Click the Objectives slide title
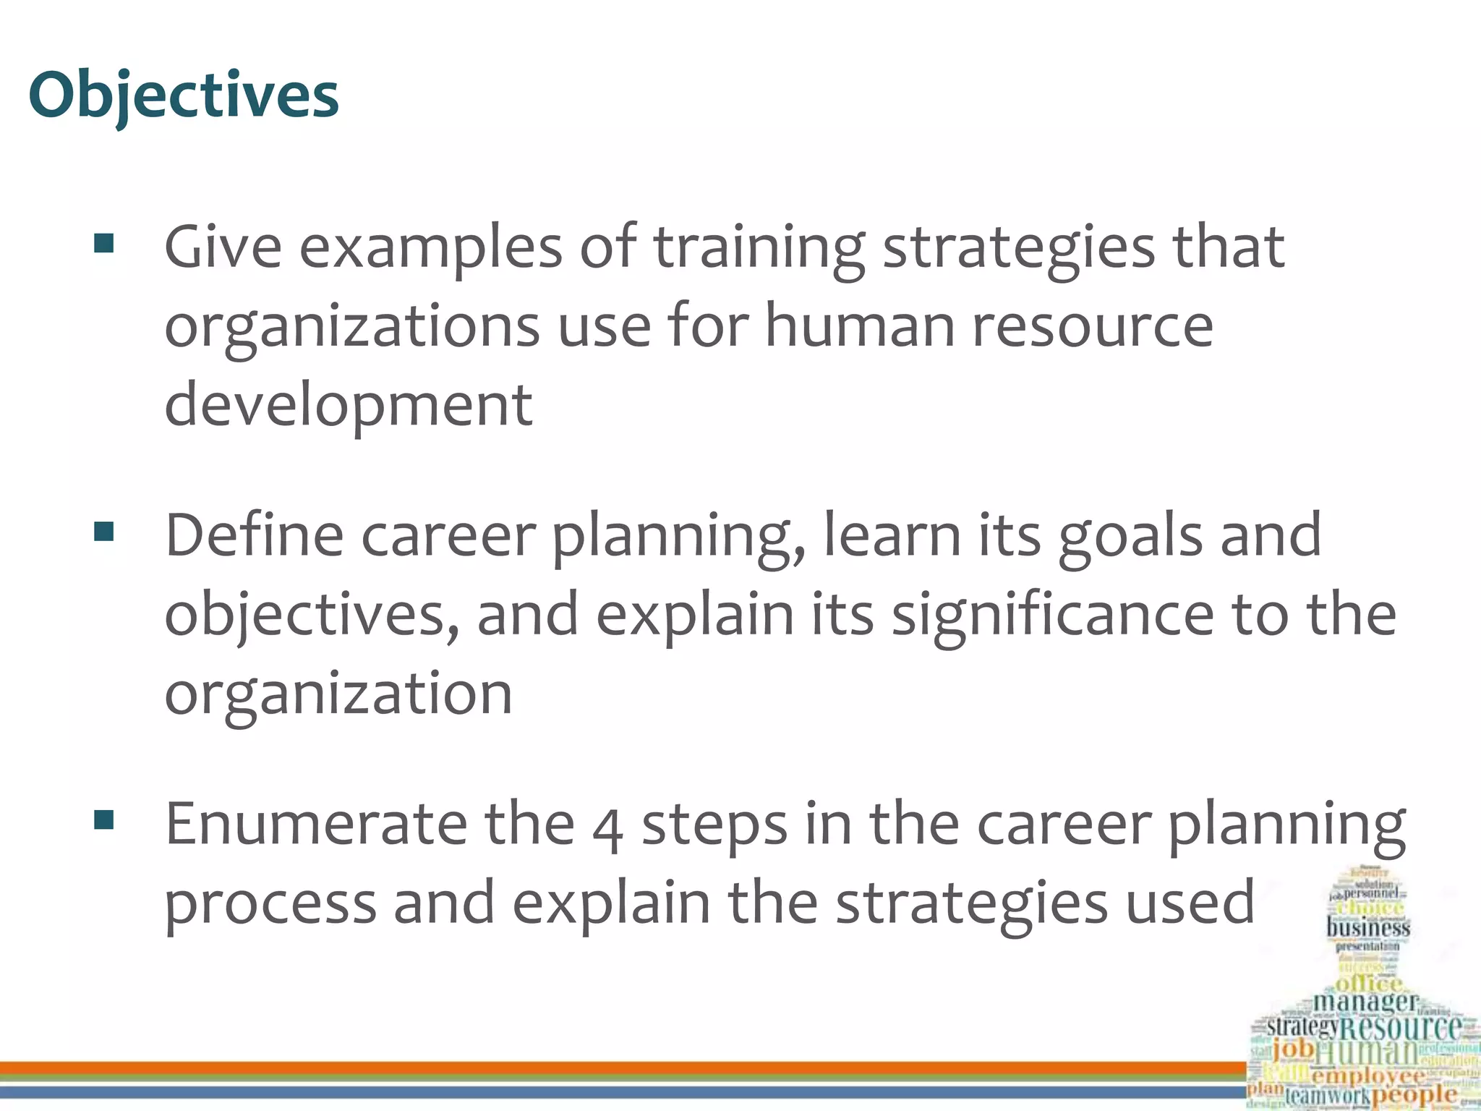coord(184,95)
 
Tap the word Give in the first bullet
coord(223,247)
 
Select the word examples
coord(431,247)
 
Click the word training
coord(759,247)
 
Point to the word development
coord(349,404)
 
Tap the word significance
coord(1052,614)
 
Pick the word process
coord(270,903)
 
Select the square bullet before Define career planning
coord(104,532)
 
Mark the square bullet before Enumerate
coord(104,820)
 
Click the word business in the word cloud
coord(1368,927)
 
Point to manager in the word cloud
coord(1365,1002)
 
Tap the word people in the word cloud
coord(1414,1094)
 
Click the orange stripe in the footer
coord(622,1068)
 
